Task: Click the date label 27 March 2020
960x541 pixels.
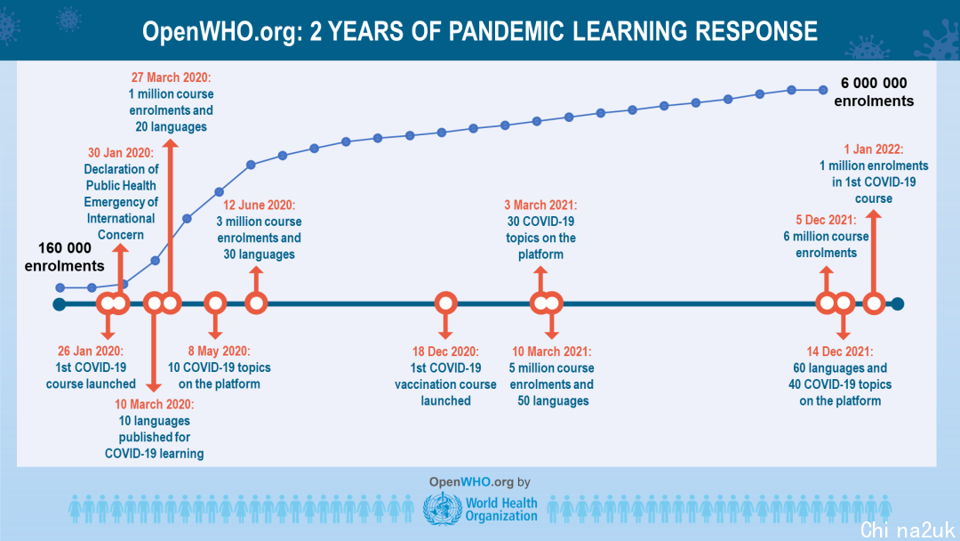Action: [x=171, y=77]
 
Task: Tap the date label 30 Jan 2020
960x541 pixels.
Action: [x=121, y=152]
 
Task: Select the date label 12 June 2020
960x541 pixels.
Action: [x=259, y=205]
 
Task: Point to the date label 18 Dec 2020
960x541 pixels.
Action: [x=445, y=351]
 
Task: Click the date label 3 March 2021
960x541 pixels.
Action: [x=540, y=205]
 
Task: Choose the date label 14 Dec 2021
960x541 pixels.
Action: [x=840, y=351]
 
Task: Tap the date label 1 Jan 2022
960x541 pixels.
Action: [x=874, y=149]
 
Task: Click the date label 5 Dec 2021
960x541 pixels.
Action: [x=827, y=220]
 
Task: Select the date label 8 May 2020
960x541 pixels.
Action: [x=220, y=351]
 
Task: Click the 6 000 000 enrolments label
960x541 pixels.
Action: [x=874, y=92]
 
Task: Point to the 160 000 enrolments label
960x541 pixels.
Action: [x=64, y=257]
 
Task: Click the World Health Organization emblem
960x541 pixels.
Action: [x=443, y=509]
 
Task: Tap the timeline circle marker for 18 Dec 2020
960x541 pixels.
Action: [x=445, y=303]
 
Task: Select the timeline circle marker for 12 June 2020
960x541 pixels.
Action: [x=257, y=303]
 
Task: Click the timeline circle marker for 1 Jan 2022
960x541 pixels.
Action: [x=874, y=303]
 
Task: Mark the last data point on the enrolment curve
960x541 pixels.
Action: [x=823, y=90]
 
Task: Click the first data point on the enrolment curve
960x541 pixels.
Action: [x=60, y=287]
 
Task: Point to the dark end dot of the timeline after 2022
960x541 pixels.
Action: [x=898, y=304]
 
